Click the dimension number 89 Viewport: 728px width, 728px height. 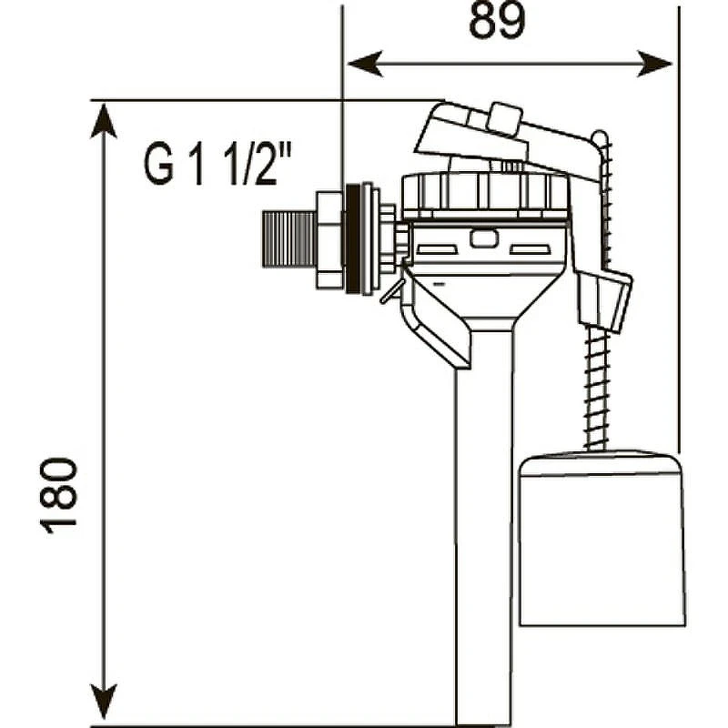(497, 22)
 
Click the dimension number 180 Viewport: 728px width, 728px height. (58, 495)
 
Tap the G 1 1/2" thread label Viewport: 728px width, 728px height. (217, 164)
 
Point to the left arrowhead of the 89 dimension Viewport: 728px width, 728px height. (365, 64)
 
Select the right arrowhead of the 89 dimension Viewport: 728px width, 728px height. (654, 64)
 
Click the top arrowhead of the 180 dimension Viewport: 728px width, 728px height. (103, 121)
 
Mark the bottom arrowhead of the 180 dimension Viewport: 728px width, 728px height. (103, 701)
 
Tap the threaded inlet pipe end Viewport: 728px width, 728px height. (288, 239)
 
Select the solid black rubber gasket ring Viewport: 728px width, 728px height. (352, 238)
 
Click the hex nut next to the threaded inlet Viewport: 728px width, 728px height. (329, 240)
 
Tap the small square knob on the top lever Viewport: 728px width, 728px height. (505, 119)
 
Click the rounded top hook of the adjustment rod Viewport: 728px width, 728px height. (600, 139)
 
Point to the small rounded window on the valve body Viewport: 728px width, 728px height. (484, 238)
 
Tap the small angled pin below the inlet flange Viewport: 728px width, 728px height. (389, 293)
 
